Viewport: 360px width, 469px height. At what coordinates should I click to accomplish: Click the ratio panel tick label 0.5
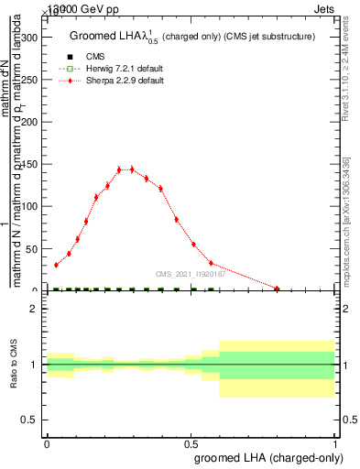[30, 420]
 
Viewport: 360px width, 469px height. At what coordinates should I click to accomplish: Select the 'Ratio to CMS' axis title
[14, 365]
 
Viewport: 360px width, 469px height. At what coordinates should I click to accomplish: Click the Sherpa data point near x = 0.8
[278, 289]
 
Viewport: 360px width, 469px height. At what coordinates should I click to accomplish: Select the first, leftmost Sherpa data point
[56, 265]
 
